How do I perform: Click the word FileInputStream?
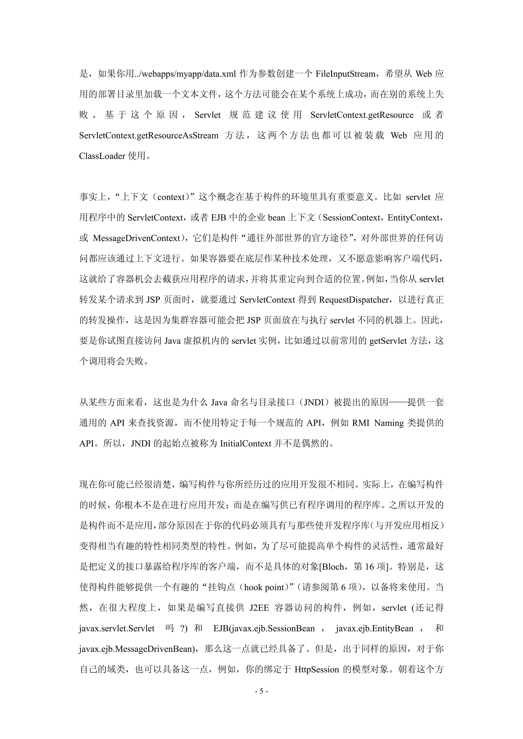pos(345,74)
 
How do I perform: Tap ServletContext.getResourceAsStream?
pos(149,135)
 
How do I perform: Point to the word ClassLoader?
pos(102,156)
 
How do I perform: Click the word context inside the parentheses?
pos(171,197)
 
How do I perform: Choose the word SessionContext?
pos(351,218)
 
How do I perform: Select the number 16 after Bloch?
pos(369,567)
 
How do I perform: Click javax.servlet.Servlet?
pos(117,628)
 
